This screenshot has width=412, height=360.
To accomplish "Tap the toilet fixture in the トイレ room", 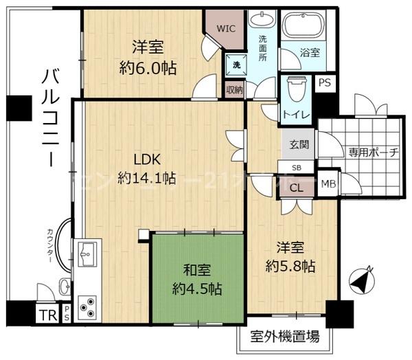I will point(295,88).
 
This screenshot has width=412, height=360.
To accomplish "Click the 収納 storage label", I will point(234,89).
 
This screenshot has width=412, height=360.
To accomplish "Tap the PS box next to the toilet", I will point(325,82).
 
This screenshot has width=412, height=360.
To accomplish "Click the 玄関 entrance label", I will point(299,144).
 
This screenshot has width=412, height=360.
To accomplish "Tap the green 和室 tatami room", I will point(198,278).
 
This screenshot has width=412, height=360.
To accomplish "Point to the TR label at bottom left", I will point(47,316).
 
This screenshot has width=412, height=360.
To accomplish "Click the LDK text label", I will point(146,160).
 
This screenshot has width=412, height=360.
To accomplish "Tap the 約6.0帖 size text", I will point(147,68).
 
